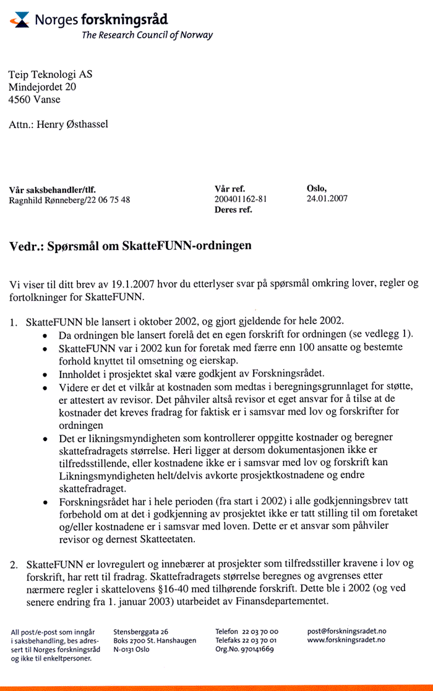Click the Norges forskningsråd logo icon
click(x=20, y=20)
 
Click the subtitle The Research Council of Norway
click(x=147, y=35)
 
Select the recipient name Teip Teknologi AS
click(x=50, y=74)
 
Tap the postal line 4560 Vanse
click(x=35, y=99)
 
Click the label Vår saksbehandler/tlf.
click(x=53, y=189)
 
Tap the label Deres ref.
click(x=233, y=210)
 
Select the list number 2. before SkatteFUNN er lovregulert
click(x=14, y=565)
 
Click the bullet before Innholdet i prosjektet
click(x=46, y=375)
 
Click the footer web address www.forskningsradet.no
click(x=346, y=640)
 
